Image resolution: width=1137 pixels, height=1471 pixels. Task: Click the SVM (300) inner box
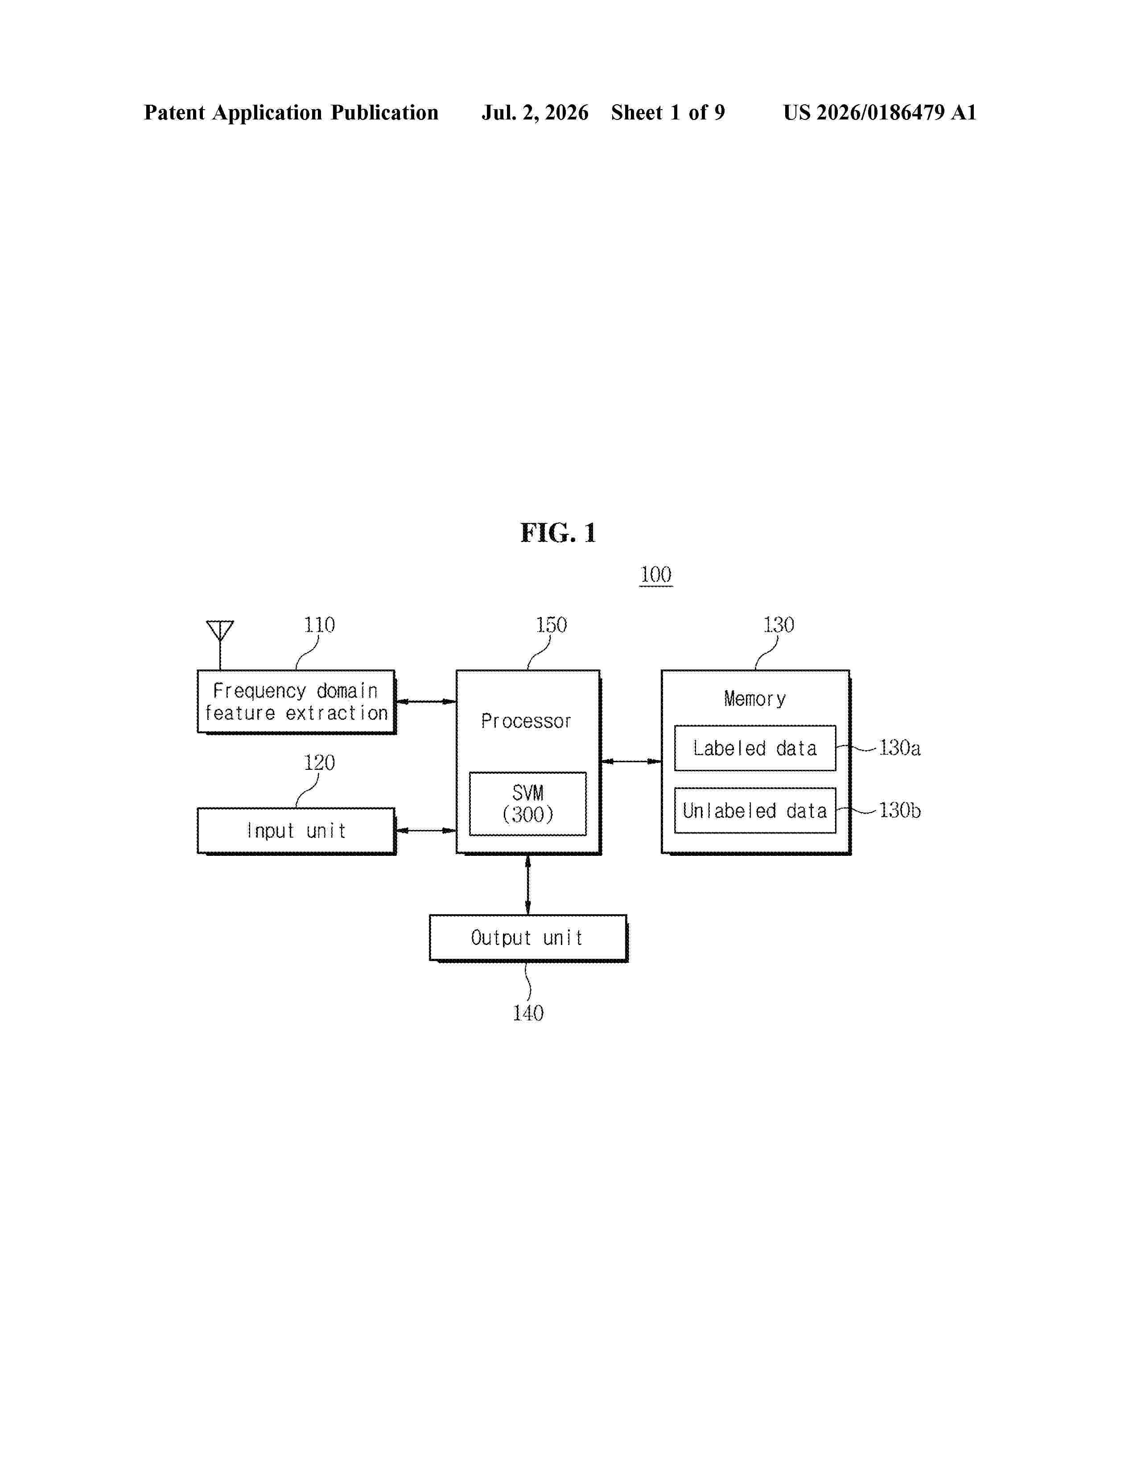527,804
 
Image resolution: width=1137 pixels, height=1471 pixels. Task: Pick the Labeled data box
755,748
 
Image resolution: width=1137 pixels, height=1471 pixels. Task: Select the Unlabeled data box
755,810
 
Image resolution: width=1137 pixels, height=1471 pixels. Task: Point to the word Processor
526,721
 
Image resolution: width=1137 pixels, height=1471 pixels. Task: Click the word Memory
755,699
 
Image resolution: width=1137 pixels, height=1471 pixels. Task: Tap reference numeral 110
319,625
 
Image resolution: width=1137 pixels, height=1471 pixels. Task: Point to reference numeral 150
551,625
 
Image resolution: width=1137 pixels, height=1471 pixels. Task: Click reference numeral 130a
900,748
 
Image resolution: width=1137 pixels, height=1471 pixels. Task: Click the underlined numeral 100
656,575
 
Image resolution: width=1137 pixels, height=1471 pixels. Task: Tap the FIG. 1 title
558,533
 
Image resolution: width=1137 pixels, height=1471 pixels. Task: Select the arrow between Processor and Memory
631,761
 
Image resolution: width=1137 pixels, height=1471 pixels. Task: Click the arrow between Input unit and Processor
426,830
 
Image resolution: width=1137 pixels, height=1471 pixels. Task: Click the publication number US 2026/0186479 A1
880,112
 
